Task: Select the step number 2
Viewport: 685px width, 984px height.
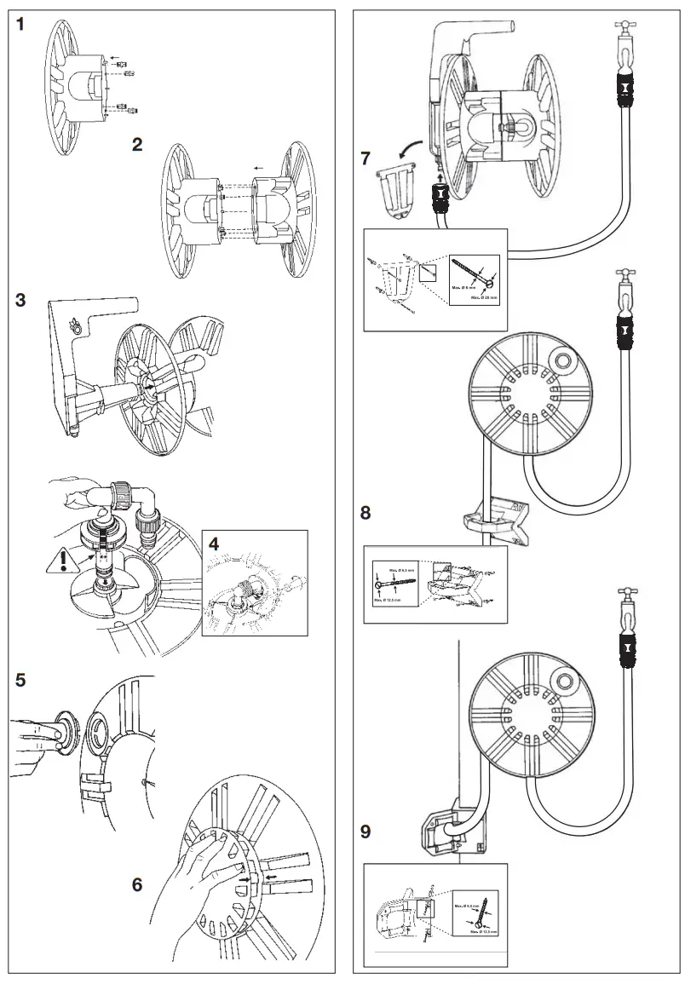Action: tap(137, 144)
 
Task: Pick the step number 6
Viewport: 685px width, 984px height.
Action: tap(137, 883)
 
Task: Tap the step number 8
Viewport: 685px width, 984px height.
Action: tap(366, 513)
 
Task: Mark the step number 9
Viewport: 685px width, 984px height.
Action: tap(366, 832)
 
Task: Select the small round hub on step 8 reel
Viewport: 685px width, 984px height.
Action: tap(562, 361)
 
